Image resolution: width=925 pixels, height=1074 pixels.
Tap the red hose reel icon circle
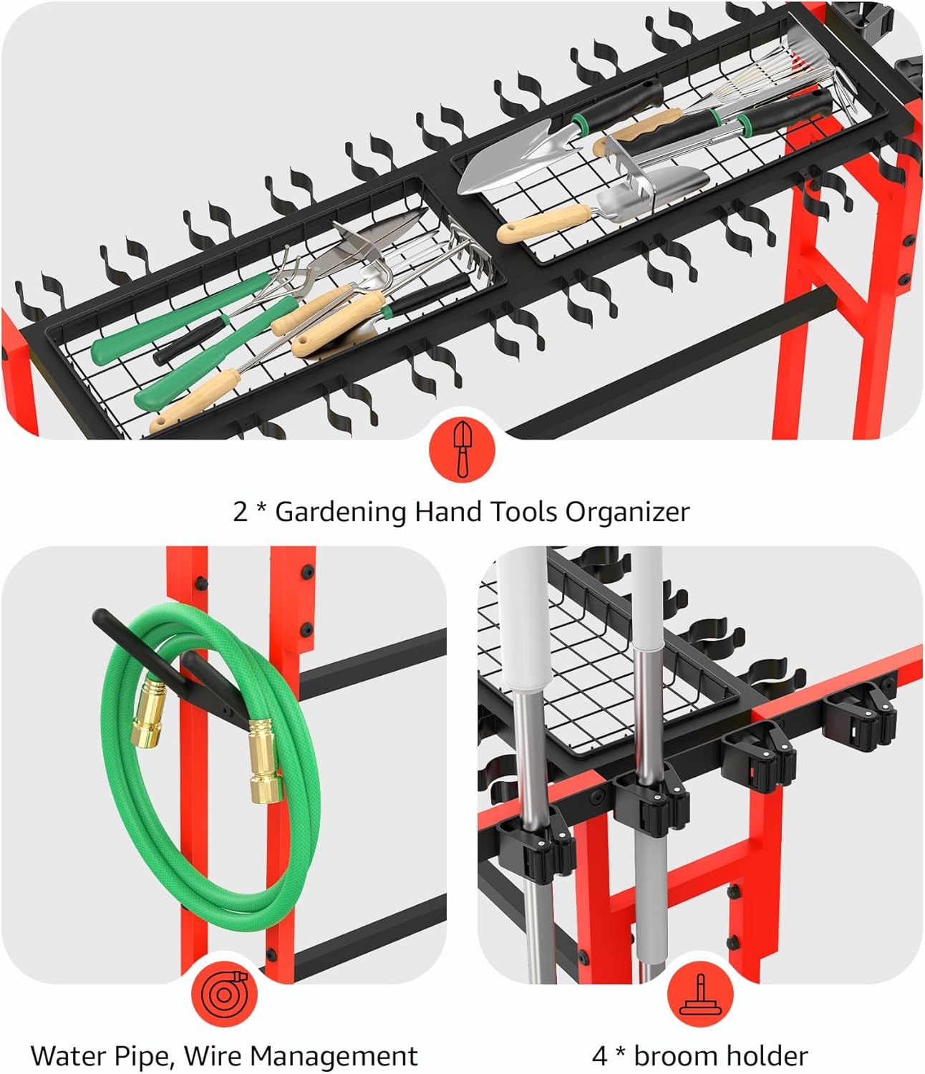pyautogui.click(x=224, y=995)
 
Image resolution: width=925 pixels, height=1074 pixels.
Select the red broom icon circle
pyautogui.click(x=700, y=995)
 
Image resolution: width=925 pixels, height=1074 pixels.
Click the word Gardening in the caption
pyautogui.click(x=340, y=513)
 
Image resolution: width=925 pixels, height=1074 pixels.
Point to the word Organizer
pyautogui.click(x=628, y=513)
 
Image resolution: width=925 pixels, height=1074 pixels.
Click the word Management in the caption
pyautogui.click(x=337, y=1056)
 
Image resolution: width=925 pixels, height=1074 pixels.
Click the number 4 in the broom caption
pyautogui.click(x=600, y=1056)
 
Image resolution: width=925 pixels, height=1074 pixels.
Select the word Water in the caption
pyautogui.click(x=68, y=1056)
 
